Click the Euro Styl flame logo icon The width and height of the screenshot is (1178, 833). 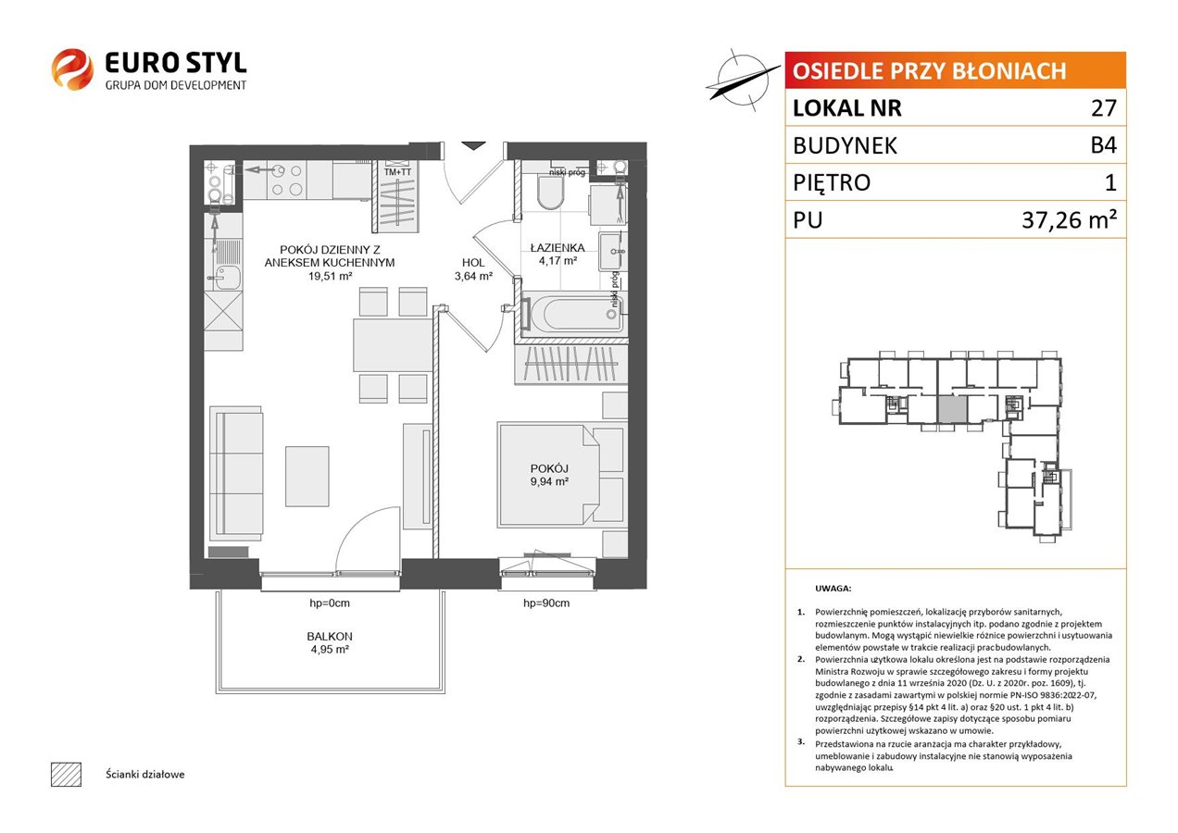(72, 68)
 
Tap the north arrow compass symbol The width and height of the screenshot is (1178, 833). (742, 81)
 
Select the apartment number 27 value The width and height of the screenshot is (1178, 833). (1103, 108)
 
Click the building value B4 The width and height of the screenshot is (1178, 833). (1103, 145)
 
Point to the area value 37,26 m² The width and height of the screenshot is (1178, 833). (1069, 219)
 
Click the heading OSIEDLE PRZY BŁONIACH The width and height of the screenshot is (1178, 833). (929, 71)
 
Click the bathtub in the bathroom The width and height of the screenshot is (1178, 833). (572, 315)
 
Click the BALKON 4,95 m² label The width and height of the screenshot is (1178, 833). (330, 642)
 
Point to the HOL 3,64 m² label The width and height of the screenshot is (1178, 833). (473, 269)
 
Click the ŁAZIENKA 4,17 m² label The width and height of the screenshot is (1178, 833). (558, 254)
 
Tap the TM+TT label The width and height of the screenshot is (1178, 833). (398, 172)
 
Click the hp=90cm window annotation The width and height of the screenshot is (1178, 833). (546, 603)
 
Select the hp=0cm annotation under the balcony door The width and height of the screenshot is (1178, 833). (329, 603)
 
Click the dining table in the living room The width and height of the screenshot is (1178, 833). (393, 345)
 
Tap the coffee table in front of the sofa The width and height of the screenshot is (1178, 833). (307, 477)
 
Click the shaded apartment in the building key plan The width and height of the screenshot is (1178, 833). (952, 409)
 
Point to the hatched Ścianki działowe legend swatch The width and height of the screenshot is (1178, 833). (67, 774)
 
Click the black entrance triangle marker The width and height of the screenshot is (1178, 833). (474, 146)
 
